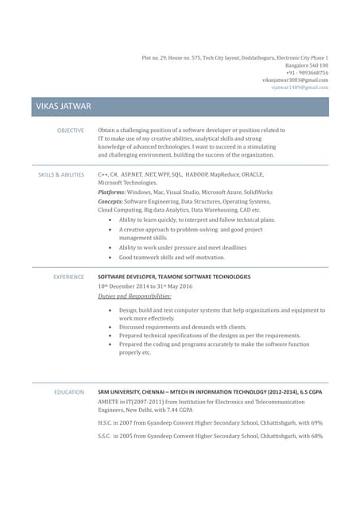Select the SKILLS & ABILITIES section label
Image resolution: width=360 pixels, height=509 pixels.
point(61,174)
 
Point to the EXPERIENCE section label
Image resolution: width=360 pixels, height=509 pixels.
point(68,277)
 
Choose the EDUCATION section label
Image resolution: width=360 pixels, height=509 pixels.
point(69,393)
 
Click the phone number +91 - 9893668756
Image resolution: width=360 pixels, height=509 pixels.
point(307,72)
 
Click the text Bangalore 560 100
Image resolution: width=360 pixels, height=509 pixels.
point(306,65)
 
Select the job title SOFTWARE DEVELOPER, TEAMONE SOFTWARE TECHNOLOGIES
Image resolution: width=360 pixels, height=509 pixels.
point(174,277)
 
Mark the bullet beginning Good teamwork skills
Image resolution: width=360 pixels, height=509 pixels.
point(172,258)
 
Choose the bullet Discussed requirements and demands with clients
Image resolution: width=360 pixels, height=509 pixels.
point(182,327)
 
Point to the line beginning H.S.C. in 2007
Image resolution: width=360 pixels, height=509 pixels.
point(210,423)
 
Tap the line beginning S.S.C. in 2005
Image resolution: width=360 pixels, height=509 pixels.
point(210,437)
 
